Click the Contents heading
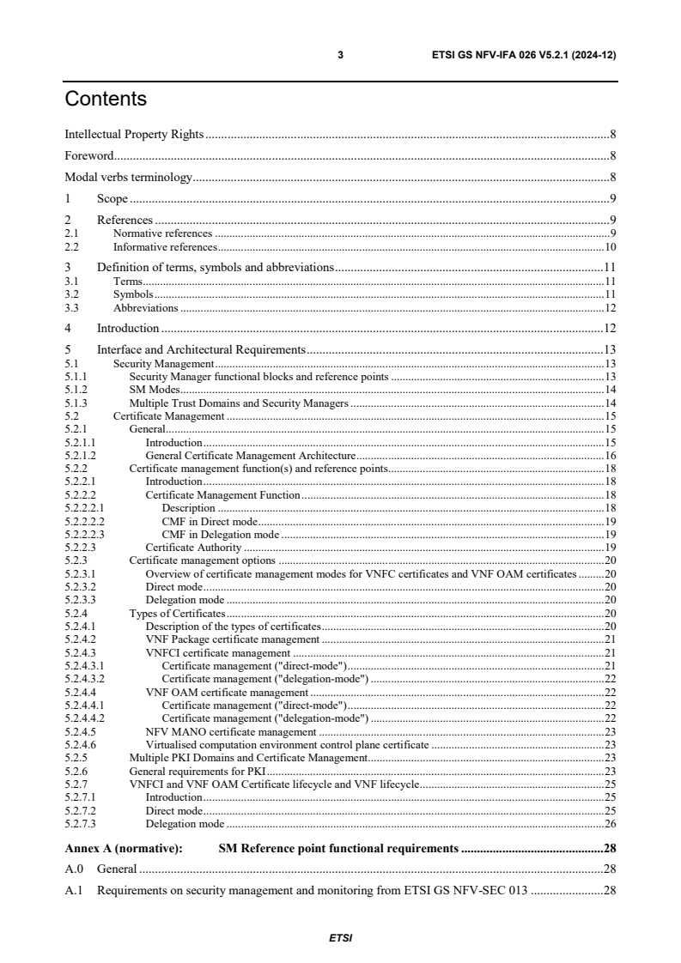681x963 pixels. click(106, 100)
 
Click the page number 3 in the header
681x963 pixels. click(341, 55)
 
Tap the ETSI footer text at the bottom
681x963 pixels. click(340, 937)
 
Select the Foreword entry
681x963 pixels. click(90, 156)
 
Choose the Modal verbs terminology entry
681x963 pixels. click(129, 178)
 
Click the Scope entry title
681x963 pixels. click(112, 199)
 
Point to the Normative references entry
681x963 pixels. click(162, 233)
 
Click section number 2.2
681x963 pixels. click(72, 246)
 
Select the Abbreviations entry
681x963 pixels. click(146, 307)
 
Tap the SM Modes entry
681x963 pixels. click(154, 389)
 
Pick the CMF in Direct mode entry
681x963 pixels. click(210, 521)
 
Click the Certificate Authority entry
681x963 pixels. click(194, 547)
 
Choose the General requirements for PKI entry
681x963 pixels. click(197, 771)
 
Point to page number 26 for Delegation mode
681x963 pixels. click(611, 824)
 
